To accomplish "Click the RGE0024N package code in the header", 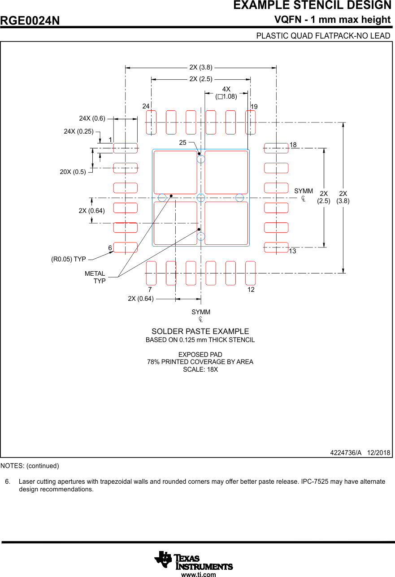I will tap(30, 21).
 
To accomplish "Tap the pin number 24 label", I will tap(146, 106).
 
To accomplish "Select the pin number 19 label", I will tap(254, 107).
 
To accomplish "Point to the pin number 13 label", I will tap(292, 252).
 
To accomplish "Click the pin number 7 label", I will tap(150, 290).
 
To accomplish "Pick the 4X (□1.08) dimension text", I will tap(226, 93).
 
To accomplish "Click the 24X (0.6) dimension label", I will tap(92, 118).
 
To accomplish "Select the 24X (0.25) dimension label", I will tap(78, 131).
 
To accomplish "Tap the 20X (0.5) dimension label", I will tap(73, 172).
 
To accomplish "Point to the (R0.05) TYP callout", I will tap(69, 259).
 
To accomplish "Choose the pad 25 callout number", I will tap(182, 143).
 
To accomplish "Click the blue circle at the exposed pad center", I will tap(201, 198).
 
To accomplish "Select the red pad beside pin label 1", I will tap(125, 148).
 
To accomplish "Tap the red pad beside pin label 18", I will tap(276, 148).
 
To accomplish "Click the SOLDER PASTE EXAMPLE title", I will tap(200, 331).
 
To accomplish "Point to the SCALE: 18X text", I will tap(200, 369).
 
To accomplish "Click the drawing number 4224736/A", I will tap(345, 453).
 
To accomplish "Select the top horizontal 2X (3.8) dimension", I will tap(200, 67).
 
